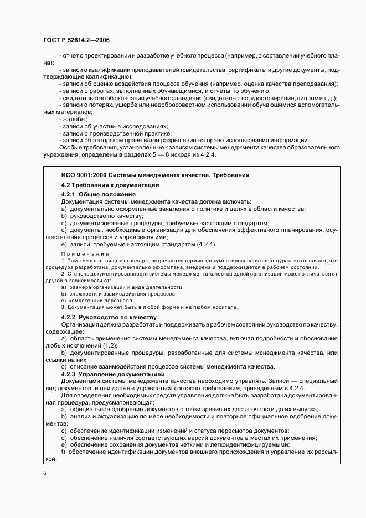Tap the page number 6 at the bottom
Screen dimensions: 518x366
click(45, 473)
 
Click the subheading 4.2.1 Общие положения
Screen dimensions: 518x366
click(98, 195)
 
